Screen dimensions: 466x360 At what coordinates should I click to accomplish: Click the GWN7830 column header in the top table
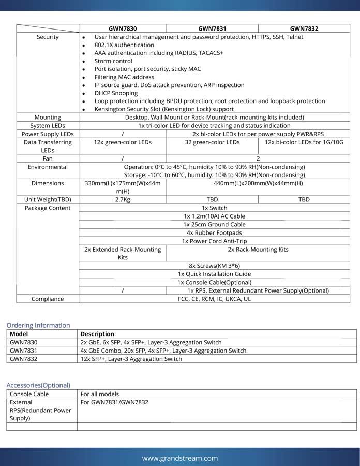(123, 28)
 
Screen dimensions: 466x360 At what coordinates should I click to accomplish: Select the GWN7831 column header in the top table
(212, 28)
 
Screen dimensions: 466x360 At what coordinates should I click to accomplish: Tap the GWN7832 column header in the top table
(304, 28)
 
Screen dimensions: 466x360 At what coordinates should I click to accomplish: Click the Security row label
(48, 37)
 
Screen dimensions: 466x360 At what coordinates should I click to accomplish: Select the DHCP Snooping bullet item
(116, 93)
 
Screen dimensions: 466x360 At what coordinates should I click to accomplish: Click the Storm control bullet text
(113, 61)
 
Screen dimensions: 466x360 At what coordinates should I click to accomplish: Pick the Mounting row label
(48, 118)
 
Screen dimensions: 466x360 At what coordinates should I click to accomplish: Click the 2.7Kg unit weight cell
(123, 199)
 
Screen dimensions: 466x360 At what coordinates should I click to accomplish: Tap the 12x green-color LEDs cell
(123, 142)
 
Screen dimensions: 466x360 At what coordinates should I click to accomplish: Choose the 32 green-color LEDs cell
(212, 142)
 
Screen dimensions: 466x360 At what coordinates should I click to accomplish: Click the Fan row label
(48, 158)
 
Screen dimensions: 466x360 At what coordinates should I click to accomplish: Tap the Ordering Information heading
(38, 325)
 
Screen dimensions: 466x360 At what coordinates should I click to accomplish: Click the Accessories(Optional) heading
(38, 385)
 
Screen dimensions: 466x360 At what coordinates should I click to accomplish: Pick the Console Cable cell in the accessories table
(29, 394)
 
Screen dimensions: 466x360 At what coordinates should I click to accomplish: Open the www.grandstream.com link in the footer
(180, 458)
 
